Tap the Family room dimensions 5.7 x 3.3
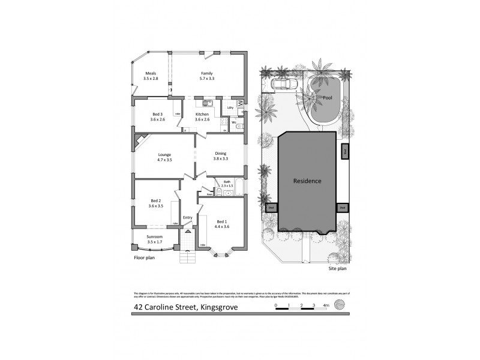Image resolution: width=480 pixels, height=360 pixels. point(207,79)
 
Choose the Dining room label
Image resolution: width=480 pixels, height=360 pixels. point(221,154)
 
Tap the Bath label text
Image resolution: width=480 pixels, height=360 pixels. point(227,182)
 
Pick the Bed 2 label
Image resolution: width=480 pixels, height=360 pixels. point(155,200)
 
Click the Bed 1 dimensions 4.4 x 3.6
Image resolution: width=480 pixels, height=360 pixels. point(223,226)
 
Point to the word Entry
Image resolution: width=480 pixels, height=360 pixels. point(188,217)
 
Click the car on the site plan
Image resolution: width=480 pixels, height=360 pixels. point(282,84)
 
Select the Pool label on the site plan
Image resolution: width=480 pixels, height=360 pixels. point(327,97)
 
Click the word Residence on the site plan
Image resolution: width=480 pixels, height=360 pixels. point(307,181)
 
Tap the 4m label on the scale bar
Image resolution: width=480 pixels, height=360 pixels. point(326,306)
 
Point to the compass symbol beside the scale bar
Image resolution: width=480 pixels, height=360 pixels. point(341,305)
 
